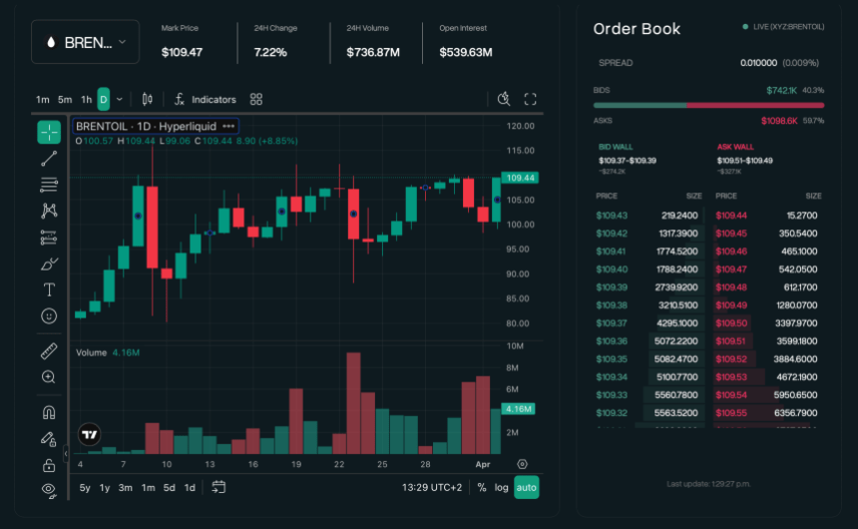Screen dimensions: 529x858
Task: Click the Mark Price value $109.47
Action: (x=182, y=51)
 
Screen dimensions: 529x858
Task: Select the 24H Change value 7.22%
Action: (x=269, y=51)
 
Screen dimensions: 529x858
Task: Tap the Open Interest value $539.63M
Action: (x=466, y=51)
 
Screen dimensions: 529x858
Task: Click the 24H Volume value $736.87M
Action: (x=372, y=51)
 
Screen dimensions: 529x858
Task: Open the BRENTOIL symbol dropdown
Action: (x=85, y=42)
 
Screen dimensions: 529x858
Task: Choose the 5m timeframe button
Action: (x=65, y=100)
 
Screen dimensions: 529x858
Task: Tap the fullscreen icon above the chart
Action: (x=531, y=100)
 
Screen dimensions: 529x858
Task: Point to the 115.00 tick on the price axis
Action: (x=521, y=151)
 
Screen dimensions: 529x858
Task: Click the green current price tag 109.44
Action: (x=521, y=178)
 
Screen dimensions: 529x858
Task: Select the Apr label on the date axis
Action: (x=483, y=465)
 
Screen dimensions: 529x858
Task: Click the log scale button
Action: (x=501, y=487)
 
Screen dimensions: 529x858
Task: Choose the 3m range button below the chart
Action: (x=126, y=487)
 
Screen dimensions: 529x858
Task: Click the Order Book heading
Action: (x=637, y=29)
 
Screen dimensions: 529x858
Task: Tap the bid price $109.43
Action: (x=612, y=216)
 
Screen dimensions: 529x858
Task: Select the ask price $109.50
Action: (x=731, y=323)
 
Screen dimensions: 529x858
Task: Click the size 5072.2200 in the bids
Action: (x=678, y=341)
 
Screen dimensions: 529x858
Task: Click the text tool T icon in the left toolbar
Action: (x=49, y=289)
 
